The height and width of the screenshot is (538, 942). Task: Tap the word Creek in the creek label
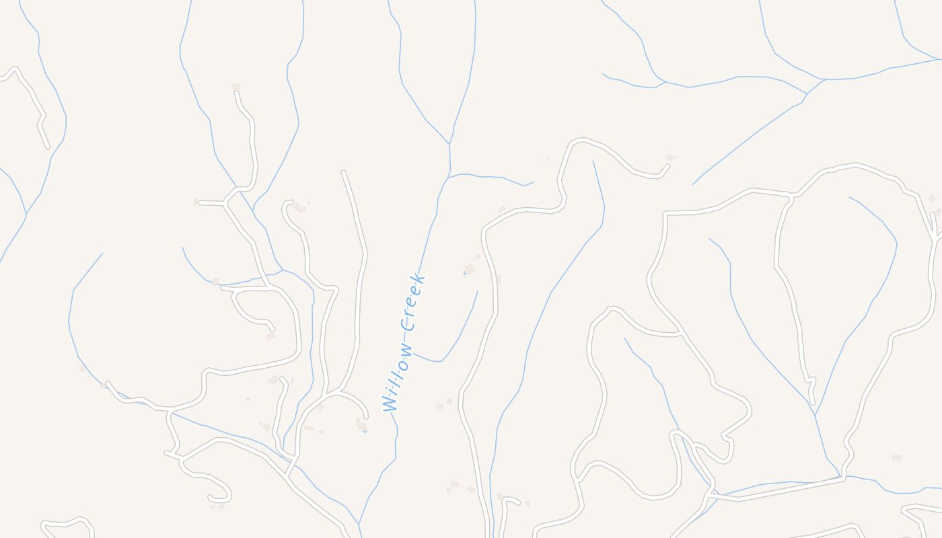click(412, 302)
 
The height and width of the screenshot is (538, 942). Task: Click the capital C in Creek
click(408, 323)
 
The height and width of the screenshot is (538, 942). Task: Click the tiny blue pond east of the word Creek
click(464, 273)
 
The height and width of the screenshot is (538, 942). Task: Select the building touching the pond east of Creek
click(470, 269)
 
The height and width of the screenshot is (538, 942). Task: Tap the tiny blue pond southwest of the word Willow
click(364, 431)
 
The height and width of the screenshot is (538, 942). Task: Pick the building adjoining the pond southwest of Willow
click(361, 424)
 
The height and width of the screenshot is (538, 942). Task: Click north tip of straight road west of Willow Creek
click(344, 173)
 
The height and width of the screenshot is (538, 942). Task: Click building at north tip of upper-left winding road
click(236, 87)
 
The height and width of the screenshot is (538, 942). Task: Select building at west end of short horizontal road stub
click(196, 202)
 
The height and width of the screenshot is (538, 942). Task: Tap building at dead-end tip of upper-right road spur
click(670, 158)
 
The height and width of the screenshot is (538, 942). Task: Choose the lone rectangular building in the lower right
click(896, 458)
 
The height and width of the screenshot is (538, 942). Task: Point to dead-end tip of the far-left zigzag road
click(48, 147)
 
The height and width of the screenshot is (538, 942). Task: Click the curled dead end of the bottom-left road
click(211, 498)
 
